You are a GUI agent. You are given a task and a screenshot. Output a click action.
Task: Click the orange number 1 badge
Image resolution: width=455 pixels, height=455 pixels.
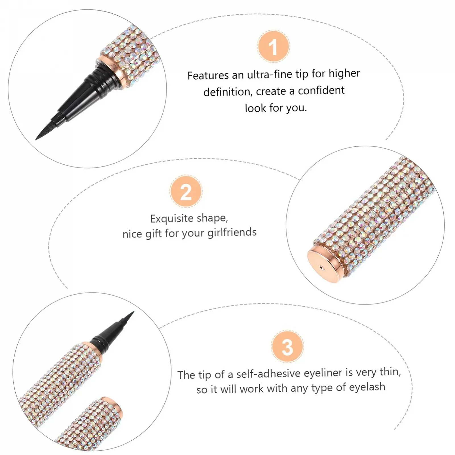tap(273, 46)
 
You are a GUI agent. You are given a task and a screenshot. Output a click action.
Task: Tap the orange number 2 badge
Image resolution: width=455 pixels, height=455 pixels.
tap(186, 191)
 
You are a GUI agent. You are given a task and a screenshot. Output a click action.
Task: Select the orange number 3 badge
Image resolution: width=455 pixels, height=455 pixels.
tap(288, 346)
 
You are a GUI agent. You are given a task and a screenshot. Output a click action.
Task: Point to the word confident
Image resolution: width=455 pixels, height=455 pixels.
tap(321, 90)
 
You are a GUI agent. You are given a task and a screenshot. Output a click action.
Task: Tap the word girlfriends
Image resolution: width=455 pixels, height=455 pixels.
tap(232, 232)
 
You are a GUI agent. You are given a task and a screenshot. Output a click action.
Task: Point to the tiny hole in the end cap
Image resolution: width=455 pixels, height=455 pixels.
tap(321, 267)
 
